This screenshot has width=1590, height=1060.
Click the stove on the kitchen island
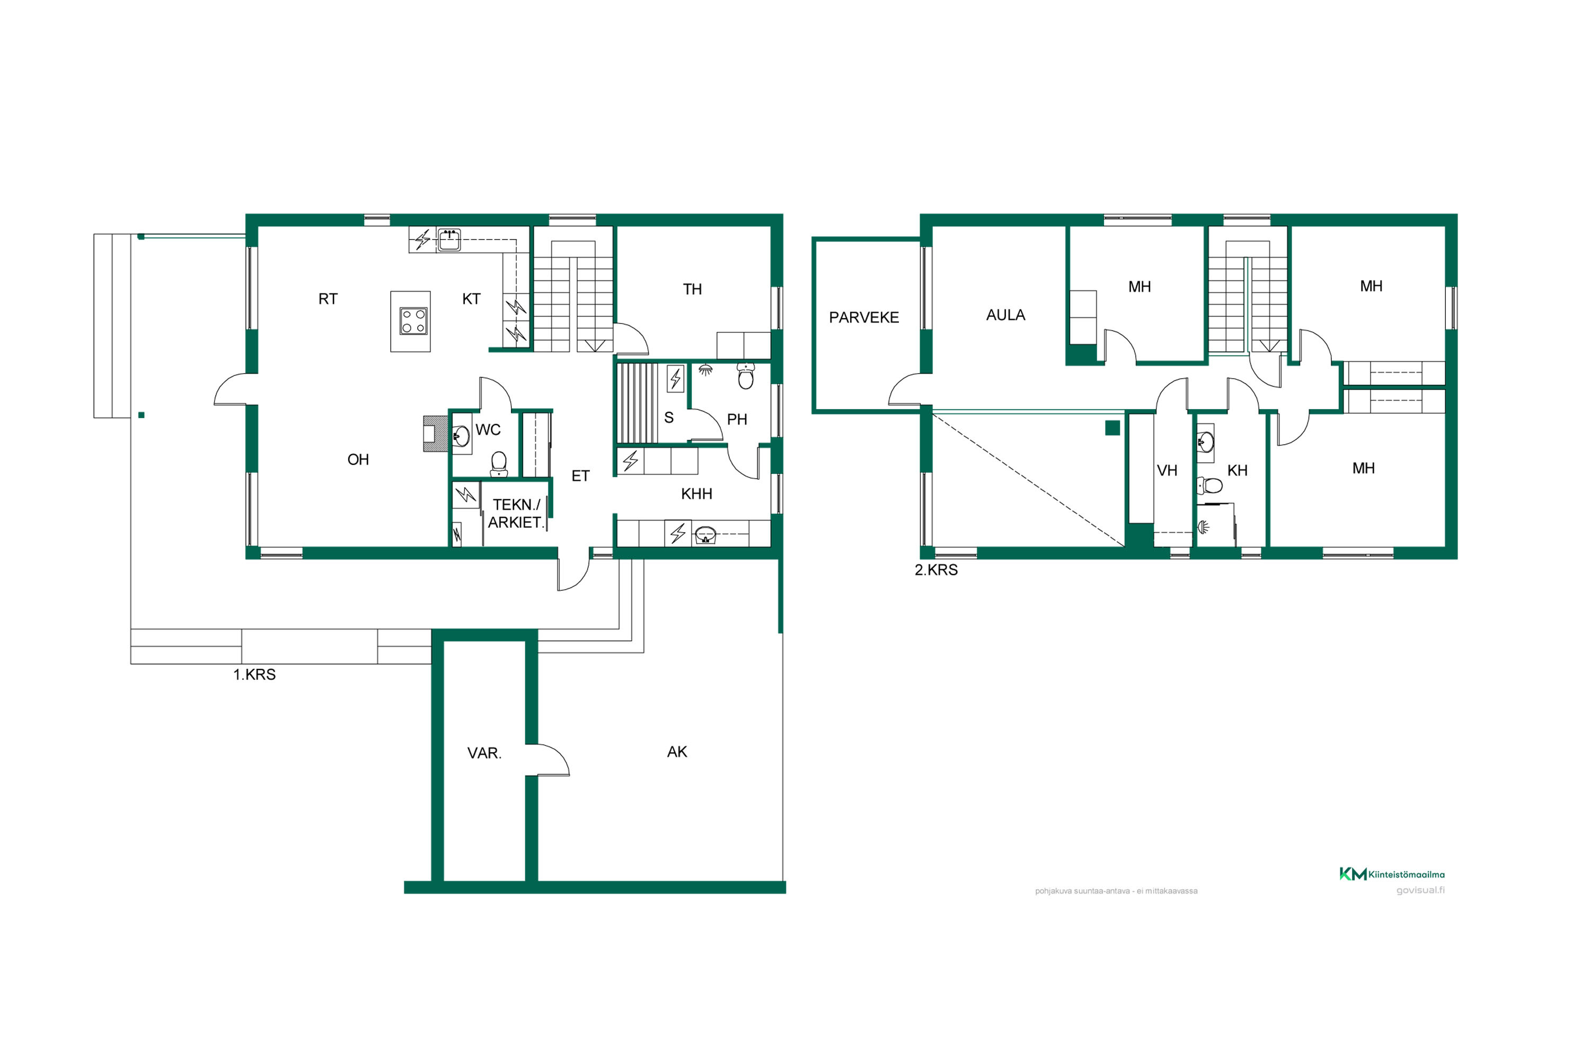[x=413, y=321]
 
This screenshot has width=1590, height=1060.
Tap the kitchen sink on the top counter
[x=449, y=240]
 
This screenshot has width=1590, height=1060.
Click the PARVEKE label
[x=863, y=317]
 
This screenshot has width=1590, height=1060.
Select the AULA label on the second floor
[x=1005, y=314]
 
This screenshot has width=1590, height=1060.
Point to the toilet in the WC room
[x=499, y=464]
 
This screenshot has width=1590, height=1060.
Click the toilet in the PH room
[x=746, y=376]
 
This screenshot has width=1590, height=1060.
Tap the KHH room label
[x=696, y=493]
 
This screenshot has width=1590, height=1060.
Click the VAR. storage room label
[x=484, y=753]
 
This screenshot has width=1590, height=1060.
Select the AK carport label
[x=677, y=751]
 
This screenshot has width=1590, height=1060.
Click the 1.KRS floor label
[x=254, y=674]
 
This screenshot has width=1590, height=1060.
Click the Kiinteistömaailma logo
[x=1391, y=874]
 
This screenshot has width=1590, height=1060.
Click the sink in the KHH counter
[x=705, y=535]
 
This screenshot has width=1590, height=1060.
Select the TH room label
[x=692, y=289]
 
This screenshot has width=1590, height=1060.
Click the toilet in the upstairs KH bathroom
[x=1209, y=485]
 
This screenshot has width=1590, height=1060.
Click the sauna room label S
[x=668, y=417]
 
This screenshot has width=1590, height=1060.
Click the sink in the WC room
[x=461, y=436]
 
